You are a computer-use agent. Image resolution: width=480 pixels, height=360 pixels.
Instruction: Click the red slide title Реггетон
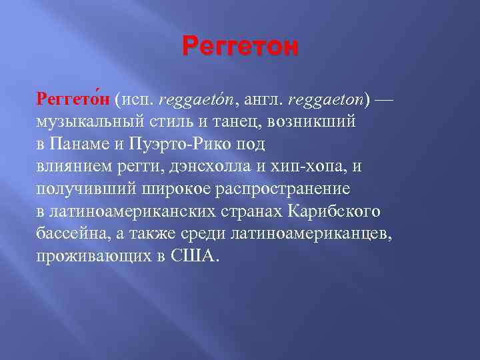pos(240,49)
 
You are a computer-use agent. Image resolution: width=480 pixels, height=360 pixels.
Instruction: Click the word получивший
pos(76,189)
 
